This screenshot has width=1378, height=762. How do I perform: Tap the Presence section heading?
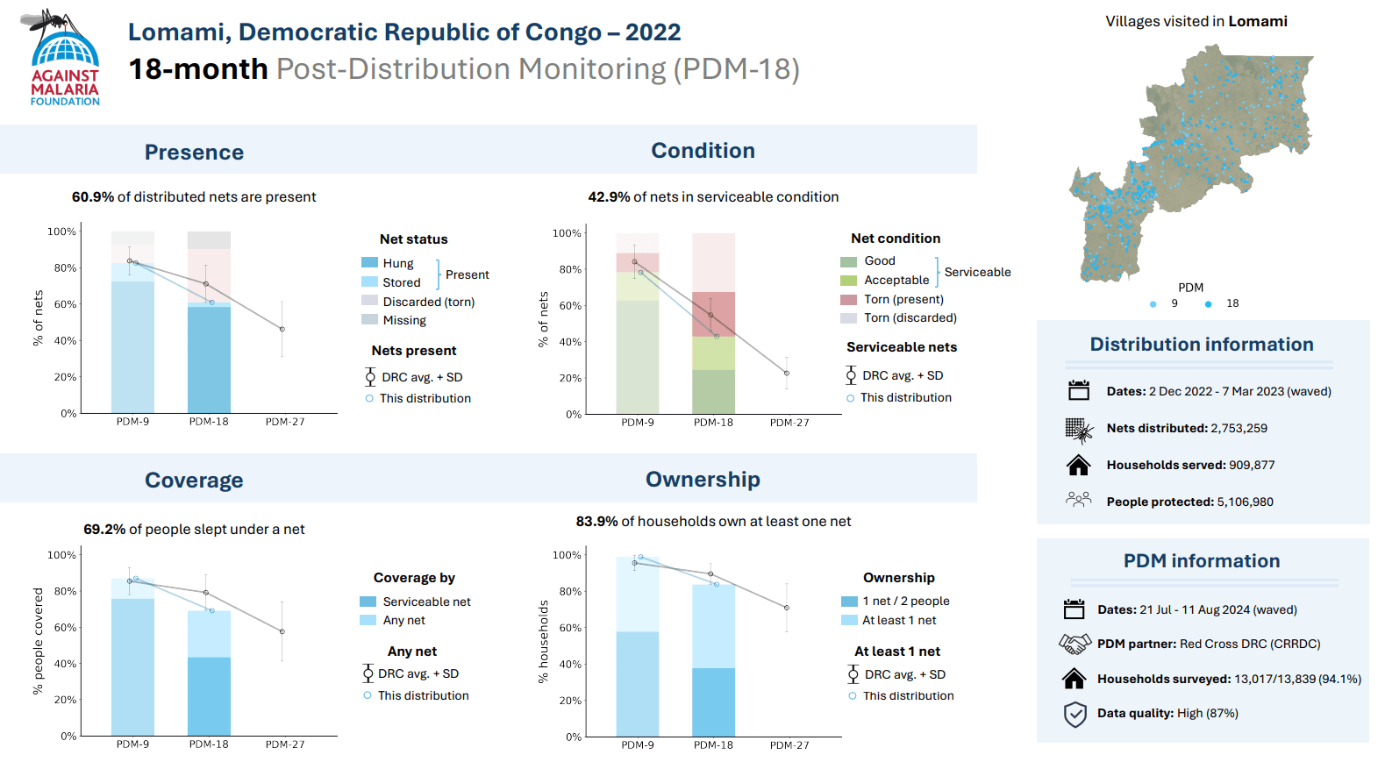[x=194, y=153]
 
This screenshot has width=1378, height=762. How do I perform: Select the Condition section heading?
[x=703, y=151]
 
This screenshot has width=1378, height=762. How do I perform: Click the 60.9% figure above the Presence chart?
[x=93, y=197]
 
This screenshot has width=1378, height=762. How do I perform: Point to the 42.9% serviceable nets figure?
[x=609, y=197]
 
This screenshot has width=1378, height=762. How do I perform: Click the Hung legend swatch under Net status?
[x=369, y=263]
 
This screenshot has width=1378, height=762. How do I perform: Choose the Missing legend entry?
[x=403, y=321]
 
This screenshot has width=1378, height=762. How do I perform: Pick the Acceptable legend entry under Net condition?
[x=896, y=281]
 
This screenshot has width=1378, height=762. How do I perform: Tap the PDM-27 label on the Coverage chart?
[x=285, y=744]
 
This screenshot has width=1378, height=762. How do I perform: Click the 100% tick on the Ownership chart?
[x=567, y=555]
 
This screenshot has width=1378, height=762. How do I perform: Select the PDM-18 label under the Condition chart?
[x=713, y=423]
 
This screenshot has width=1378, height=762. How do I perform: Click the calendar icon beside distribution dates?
[x=1078, y=391]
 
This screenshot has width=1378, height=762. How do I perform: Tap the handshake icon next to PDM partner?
[x=1075, y=644]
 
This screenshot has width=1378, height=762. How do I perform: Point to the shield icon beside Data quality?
[x=1075, y=714]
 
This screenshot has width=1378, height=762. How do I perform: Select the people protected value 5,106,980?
[x=1245, y=502]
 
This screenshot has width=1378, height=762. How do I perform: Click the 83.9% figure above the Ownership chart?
[x=596, y=522]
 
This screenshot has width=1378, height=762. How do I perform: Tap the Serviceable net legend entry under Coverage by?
[x=426, y=602]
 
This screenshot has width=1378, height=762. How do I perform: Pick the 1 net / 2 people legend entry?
[x=905, y=602]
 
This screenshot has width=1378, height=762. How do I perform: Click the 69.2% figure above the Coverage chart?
[x=104, y=530]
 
